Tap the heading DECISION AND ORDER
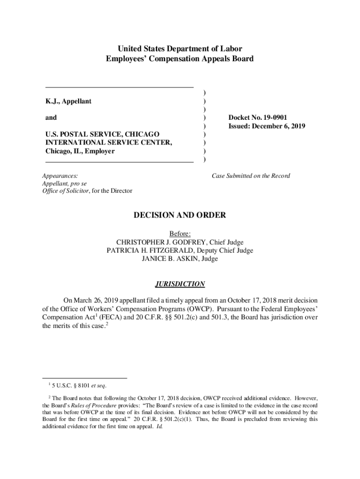(x=180, y=215)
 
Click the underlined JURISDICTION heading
(x=180, y=284)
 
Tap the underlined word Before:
(x=180, y=233)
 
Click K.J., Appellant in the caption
(x=68, y=101)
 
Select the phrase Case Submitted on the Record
(x=251, y=176)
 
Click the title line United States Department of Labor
(x=180, y=49)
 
